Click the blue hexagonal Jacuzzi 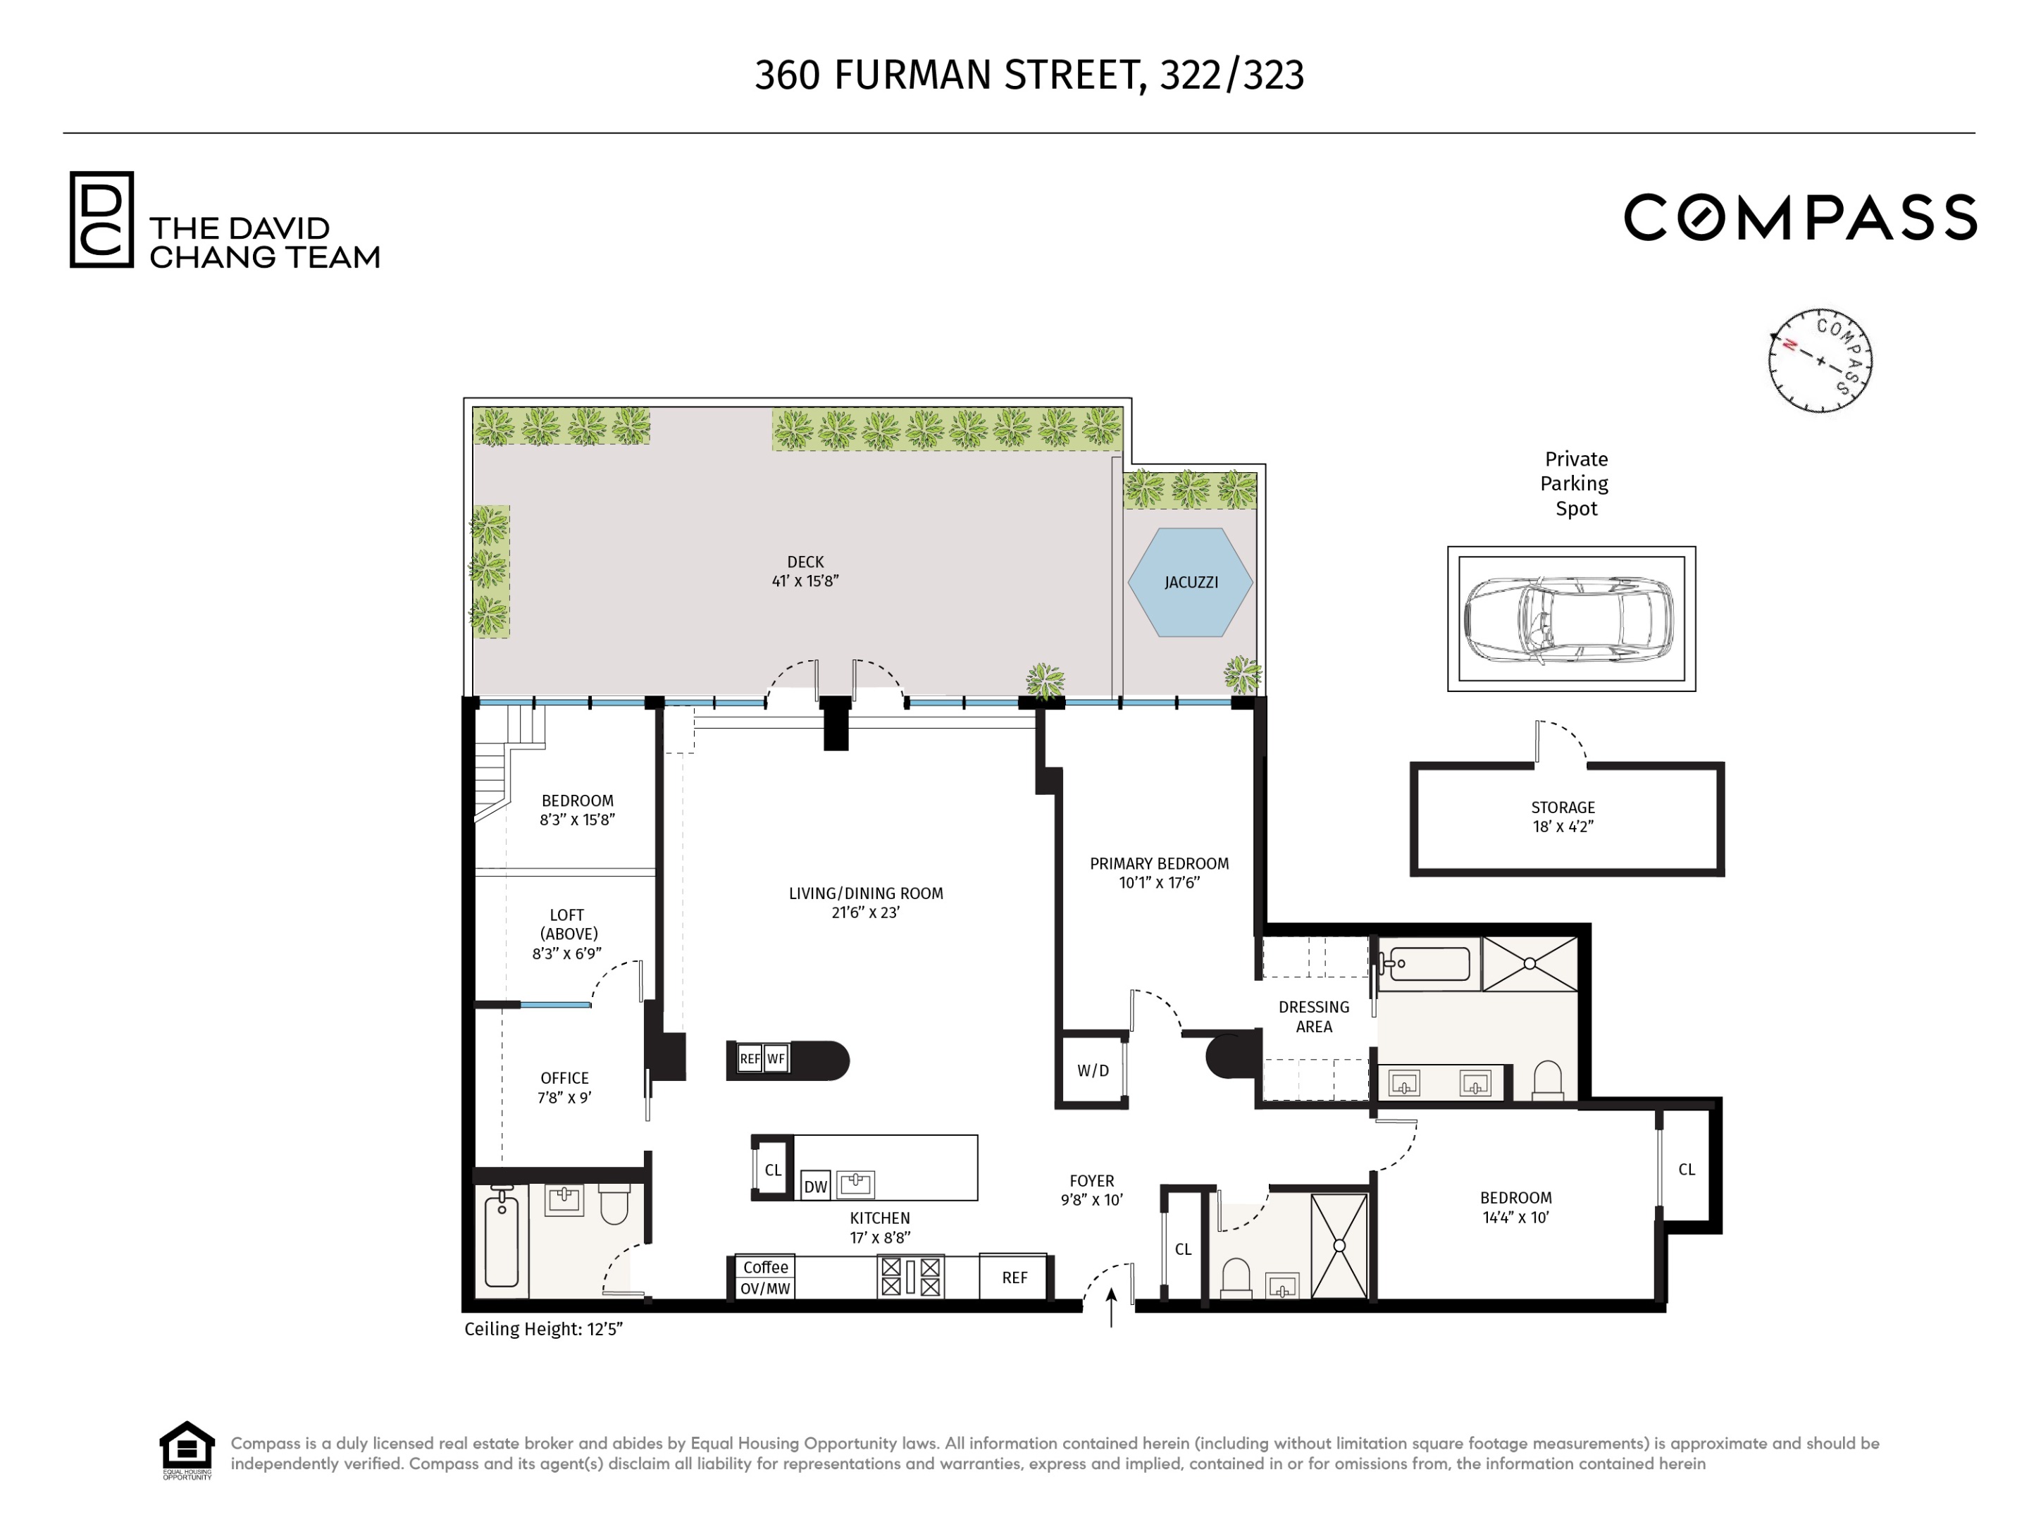point(1190,581)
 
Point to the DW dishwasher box point(815,1186)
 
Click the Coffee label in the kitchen point(765,1267)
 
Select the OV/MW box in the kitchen point(765,1288)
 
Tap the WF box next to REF point(776,1058)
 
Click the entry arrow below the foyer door point(1112,1307)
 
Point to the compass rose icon point(1820,361)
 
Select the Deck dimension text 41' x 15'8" point(805,581)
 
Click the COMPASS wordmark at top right point(1800,218)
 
